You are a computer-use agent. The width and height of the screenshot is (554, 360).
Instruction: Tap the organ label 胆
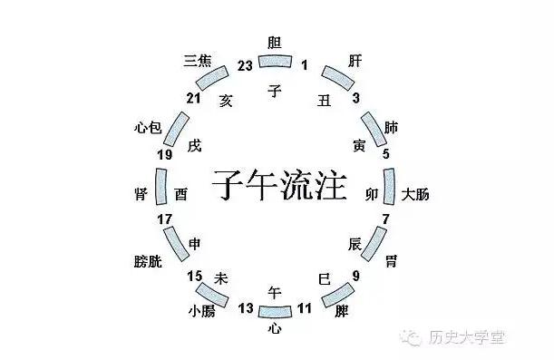click(275, 42)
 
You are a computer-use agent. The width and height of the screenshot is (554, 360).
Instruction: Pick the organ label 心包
click(147, 127)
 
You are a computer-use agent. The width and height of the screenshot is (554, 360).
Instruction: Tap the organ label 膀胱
click(146, 261)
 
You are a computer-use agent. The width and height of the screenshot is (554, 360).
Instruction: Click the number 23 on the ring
click(243, 64)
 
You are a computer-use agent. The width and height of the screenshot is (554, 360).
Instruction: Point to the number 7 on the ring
click(385, 219)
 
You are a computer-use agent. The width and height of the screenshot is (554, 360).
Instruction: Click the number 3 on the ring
click(356, 97)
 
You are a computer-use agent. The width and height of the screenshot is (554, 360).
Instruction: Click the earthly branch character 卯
click(371, 194)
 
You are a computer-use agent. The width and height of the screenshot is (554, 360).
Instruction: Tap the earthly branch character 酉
click(181, 194)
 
